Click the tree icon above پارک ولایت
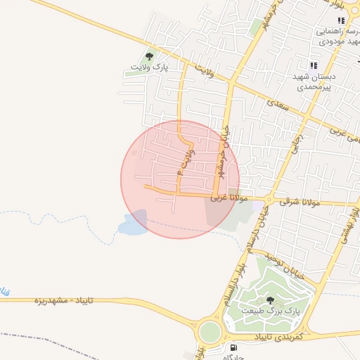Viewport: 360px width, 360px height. [148, 56]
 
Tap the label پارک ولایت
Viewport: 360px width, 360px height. [149, 68]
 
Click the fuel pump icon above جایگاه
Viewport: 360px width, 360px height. [233, 347]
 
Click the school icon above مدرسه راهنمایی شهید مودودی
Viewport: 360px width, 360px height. [341, 21]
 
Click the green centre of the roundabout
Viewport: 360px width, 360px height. [210, 330]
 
